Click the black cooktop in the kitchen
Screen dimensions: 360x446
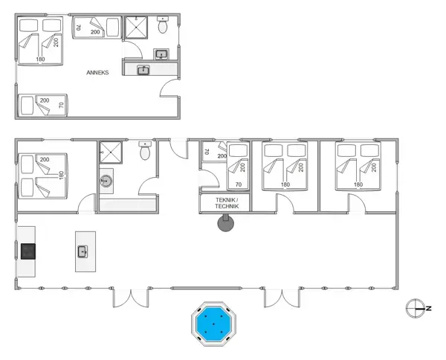tap(28, 251)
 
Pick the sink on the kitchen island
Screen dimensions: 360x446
tap(83, 251)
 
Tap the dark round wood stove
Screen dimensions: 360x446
tap(224, 222)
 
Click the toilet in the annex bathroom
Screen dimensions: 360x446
tap(164, 25)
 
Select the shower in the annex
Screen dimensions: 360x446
tap(135, 27)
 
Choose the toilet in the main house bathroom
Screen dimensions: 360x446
tap(145, 153)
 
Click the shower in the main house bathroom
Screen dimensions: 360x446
tap(112, 154)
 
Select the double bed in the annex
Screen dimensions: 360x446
tap(40, 41)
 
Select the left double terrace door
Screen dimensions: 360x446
tap(132, 298)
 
